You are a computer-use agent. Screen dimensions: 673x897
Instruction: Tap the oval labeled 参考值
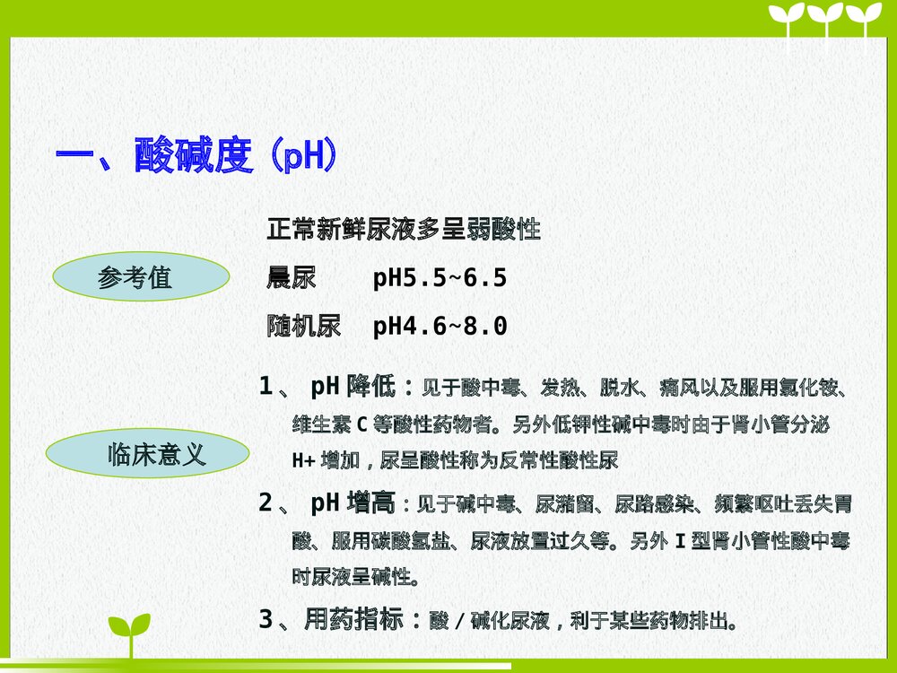(x=135, y=277)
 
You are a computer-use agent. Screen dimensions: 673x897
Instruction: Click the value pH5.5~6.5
(x=440, y=278)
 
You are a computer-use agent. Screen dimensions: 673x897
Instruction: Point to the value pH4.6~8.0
(x=440, y=327)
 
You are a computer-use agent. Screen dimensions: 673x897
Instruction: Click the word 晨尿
(x=292, y=278)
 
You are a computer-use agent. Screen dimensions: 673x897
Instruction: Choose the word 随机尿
(x=303, y=327)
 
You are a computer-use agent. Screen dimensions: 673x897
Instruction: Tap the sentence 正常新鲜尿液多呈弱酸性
(x=404, y=230)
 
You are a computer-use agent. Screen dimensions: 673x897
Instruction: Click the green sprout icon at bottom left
(x=129, y=634)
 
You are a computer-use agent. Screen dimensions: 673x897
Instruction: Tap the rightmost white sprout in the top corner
(x=865, y=22)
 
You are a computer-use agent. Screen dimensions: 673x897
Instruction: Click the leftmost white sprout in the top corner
(x=788, y=22)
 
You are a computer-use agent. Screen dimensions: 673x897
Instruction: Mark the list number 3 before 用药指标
(x=266, y=619)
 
